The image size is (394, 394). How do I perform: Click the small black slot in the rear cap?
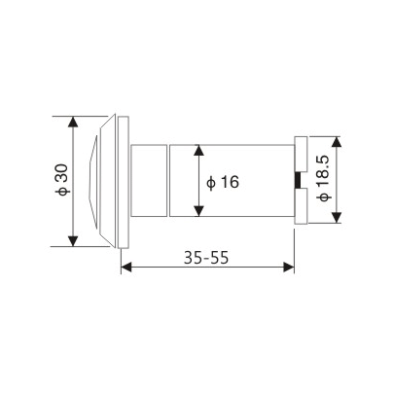pyautogui.click(x=299, y=181)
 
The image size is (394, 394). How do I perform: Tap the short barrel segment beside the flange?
pyautogui.click(x=149, y=181)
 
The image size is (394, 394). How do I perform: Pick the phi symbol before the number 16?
pyautogui.click(x=211, y=182)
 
